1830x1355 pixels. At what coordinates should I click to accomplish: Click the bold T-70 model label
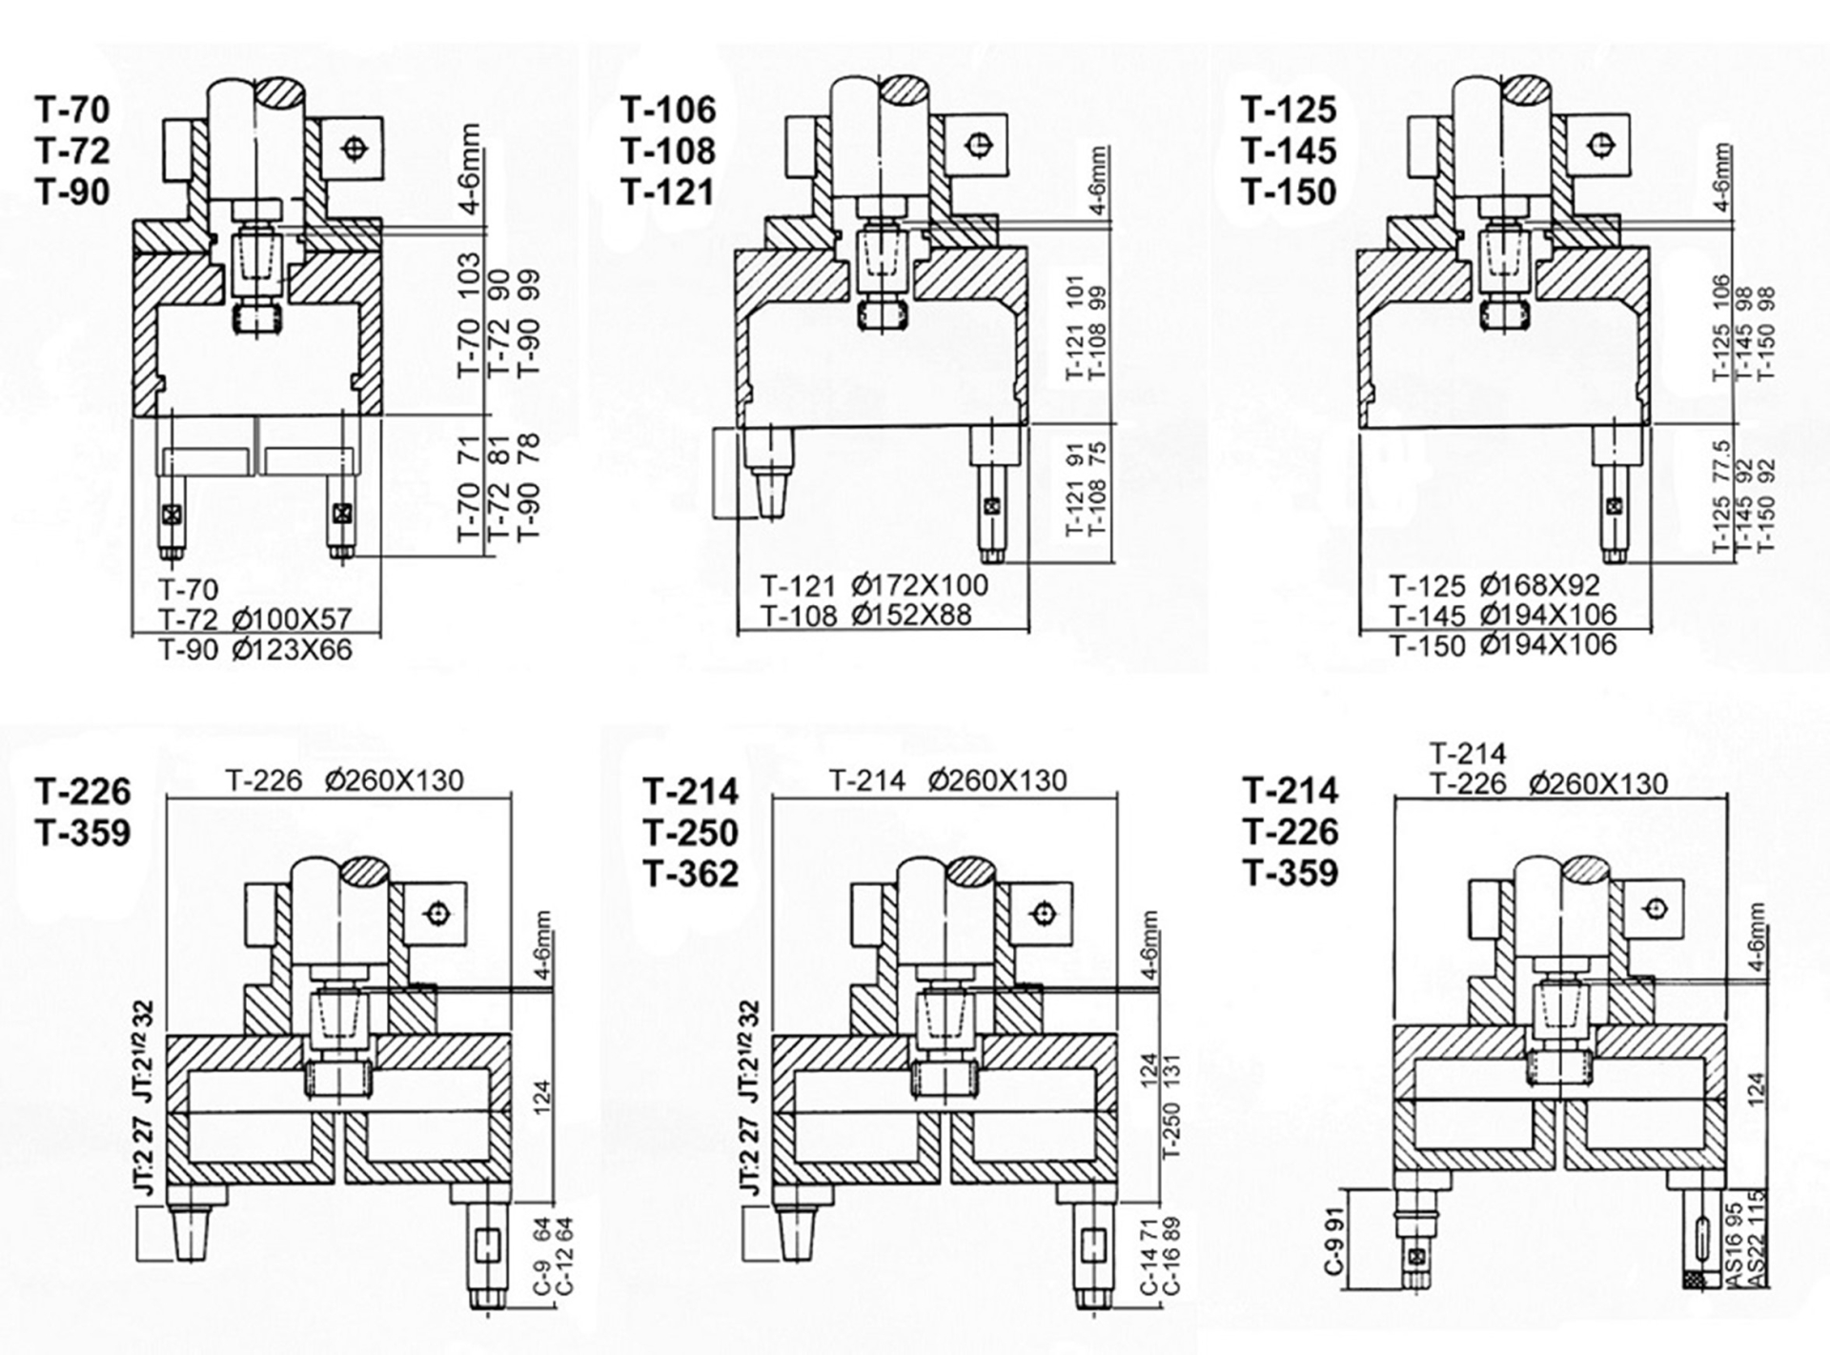click(73, 110)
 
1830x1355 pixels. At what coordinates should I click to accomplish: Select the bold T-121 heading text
click(668, 192)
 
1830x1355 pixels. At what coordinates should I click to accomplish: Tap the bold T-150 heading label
click(1289, 192)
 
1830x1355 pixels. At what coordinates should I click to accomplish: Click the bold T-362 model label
click(691, 874)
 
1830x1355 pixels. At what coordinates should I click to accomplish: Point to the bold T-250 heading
click(691, 833)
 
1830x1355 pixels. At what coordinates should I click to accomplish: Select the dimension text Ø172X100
click(920, 584)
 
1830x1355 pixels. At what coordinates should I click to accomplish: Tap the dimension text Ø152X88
click(912, 616)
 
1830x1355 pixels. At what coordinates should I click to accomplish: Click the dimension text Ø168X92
click(1539, 584)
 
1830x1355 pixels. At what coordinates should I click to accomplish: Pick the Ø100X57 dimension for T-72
click(292, 619)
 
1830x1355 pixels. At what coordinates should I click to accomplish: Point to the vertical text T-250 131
click(1171, 1105)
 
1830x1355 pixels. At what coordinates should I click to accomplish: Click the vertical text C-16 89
click(1171, 1255)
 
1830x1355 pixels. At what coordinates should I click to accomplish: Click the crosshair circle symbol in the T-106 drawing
click(977, 145)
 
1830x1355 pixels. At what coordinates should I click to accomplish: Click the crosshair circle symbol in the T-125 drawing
click(1598, 145)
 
